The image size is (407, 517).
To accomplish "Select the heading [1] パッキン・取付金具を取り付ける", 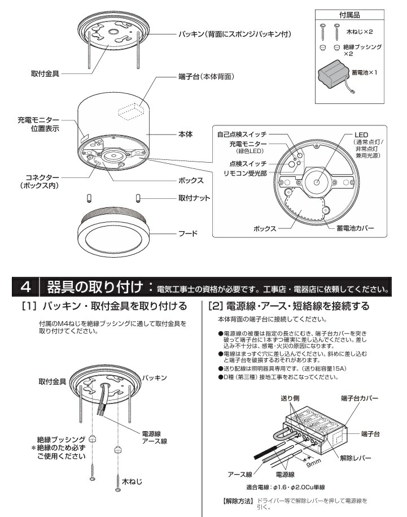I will coord(104,307).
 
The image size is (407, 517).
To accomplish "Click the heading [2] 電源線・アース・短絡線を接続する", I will coord(289,307).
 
